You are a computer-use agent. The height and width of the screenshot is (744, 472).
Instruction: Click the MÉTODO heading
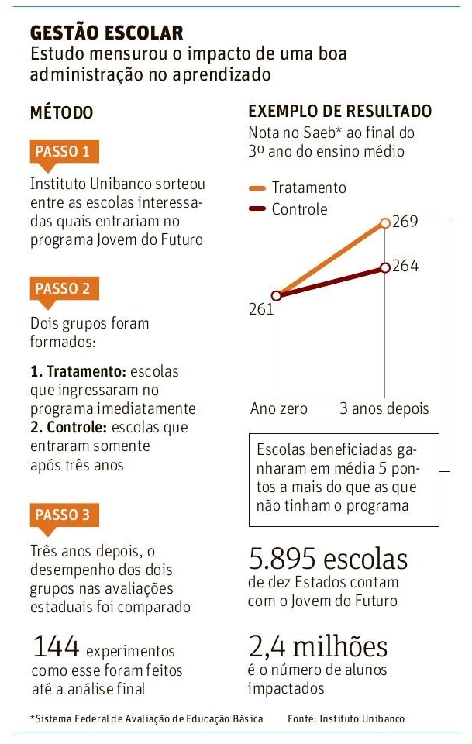click(61, 112)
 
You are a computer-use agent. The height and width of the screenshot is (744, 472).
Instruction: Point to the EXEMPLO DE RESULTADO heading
click(339, 112)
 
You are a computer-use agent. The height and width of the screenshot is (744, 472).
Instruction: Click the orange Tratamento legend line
click(257, 188)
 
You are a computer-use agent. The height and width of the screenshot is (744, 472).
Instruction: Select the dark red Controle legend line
click(257, 209)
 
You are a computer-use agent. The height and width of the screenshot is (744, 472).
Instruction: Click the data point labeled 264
click(386, 268)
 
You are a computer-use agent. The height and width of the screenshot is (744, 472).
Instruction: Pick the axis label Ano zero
click(278, 408)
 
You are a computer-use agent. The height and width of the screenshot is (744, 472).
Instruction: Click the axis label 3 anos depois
click(384, 408)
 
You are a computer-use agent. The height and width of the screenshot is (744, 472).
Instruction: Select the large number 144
click(56, 646)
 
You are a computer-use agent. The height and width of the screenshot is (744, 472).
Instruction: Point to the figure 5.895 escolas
click(327, 559)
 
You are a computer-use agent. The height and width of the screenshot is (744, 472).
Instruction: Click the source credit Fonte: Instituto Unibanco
click(346, 718)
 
